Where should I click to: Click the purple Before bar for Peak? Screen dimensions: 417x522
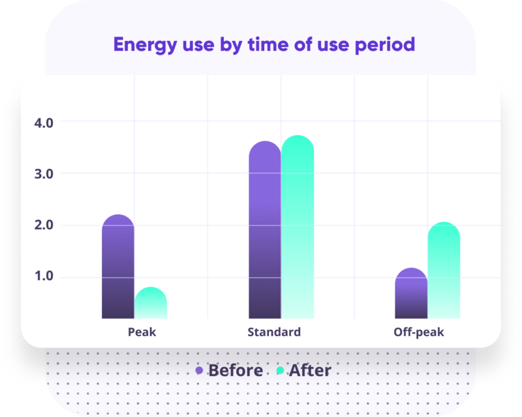pyautogui.click(x=118, y=267)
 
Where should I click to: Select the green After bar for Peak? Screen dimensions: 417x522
pyautogui.click(x=151, y=304)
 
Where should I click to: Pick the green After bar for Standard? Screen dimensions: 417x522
pyautogui.click(x=298, y=227)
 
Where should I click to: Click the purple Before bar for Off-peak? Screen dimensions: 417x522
pyautogui.click(x=411, y=294)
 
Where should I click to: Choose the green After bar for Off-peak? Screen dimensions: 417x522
pyautogui.click(x=444, y=271)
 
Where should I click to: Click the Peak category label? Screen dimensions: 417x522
pyautogui.click(x=142, y=332)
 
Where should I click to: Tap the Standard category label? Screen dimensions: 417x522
pyautogui.click(x=274, y=332)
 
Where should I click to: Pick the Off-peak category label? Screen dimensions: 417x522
pyautogui.click(x=418, y=332)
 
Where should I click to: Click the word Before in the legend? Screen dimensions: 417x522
pyautogui.click(x=235, y=371)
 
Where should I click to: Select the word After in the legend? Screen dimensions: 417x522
pyautogui.click(x=310, y=371)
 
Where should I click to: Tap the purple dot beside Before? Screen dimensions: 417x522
pyautogui.click(x=200, y=371)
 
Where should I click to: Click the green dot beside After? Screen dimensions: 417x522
pyautogui.click(x=281, y=371)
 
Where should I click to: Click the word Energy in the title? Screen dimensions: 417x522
pyautogui.click(x=140, y=44)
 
